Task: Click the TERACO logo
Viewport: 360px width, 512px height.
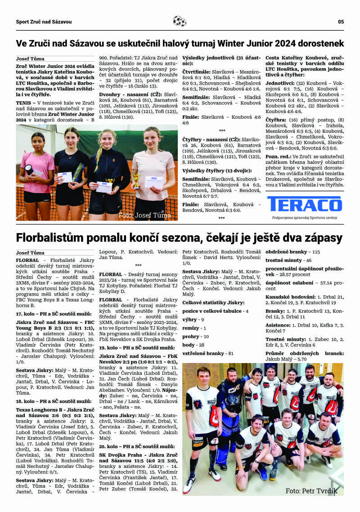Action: (x=304, y=203)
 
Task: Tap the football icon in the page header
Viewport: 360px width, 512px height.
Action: (x=179, y=21)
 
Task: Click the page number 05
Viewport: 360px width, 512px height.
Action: (x=341, y=22)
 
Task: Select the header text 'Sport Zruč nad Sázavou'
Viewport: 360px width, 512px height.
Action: (x=44, y=22)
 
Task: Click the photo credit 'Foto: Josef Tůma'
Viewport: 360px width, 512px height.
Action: (x=144, y=216)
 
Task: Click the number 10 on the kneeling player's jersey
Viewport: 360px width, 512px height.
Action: (x=279, y=437)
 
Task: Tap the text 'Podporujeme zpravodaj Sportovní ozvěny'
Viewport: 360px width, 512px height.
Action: (x=304, y=218)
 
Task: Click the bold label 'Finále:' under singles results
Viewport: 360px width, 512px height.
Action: (x=191, y=117)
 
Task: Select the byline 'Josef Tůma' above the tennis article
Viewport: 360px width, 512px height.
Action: (x=30, y=58)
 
